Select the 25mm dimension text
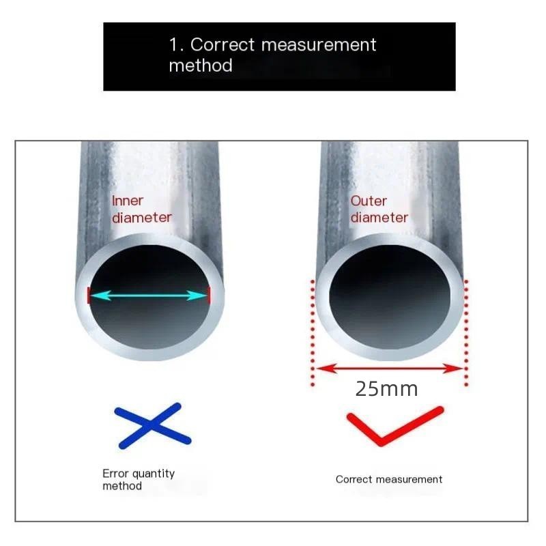[386, 390]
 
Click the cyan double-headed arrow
[148, 296]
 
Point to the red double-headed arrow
[389, 369]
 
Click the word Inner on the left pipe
[128, 201]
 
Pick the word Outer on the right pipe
[369, 201]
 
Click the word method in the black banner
[201, 66]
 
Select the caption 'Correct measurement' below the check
[389, 479]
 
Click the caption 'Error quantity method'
[139, 479]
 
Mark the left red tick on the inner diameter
[88, 296]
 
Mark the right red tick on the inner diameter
[208, 296]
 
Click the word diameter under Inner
[141, 218]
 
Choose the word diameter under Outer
[379, 218]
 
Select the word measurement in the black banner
[319, 45]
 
